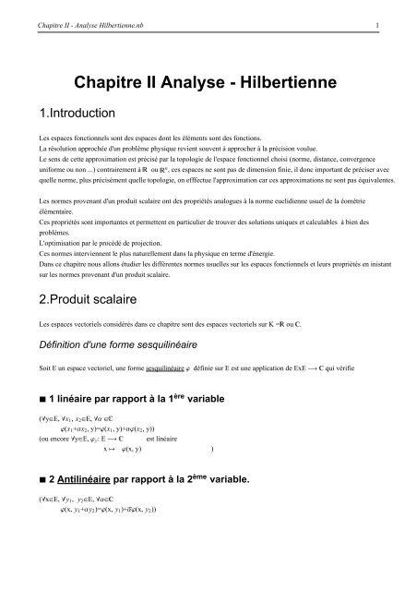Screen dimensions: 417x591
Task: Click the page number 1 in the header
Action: click(x=395, y=12)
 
